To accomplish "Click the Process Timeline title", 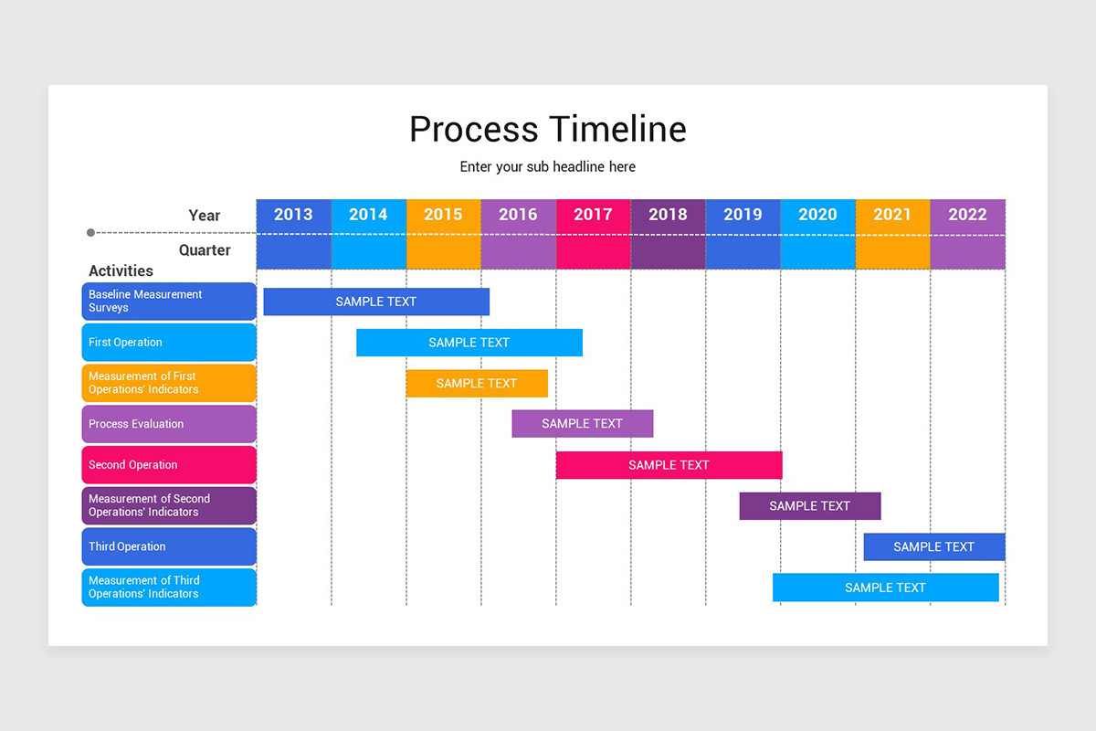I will click(x=547, y=129).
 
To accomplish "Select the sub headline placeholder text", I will click(x=547, y=167).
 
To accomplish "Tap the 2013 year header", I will click(x=293, y=215).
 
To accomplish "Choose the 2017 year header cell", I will click(x=593, y=215).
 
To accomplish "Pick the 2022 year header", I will click(x=967, y=215).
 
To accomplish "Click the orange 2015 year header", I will click(x=443, y=215).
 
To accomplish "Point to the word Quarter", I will click(x=205, y=250).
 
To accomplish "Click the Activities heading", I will click(x=121, y=270).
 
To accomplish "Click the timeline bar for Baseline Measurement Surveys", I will click(x=376, y=302).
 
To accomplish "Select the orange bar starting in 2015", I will click(x=477, y=384).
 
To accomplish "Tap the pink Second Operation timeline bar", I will click(x=669, y=465).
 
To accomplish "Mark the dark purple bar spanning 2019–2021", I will click(x=810, y=506).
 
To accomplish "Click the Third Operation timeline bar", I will click(x=933, y=547).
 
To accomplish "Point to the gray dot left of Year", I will click(x=90, y=233).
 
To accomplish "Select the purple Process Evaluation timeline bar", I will click(x=582, y=424).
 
